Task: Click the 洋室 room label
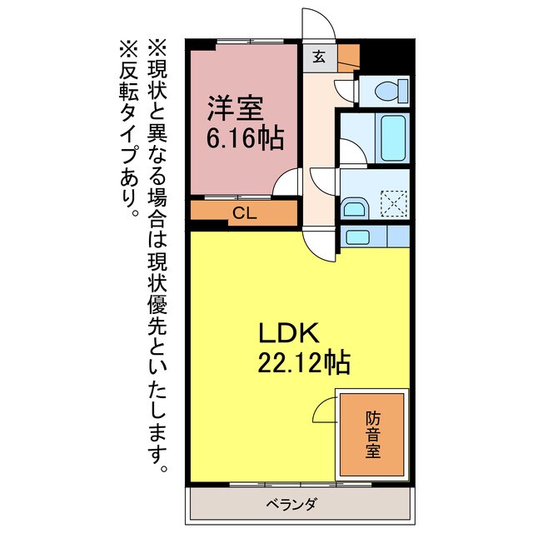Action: [x=236, y=107]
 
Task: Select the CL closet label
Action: [x=243, y=212]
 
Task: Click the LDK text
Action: [x=286, y=333]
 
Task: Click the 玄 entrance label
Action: [x=319, y=57]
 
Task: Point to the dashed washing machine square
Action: [x=391, y=202]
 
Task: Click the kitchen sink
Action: [x=359, y=237]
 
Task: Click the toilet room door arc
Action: [x=344, y=89]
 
